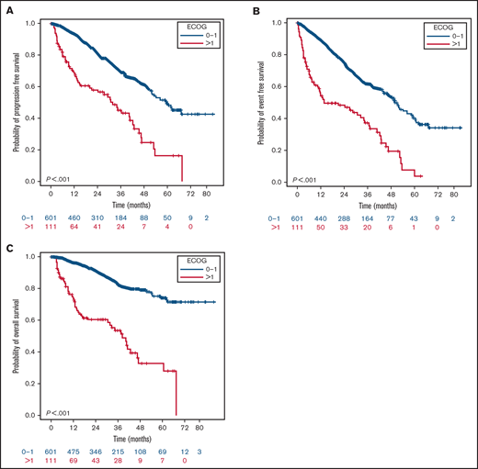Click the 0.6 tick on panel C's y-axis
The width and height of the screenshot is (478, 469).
click(34, 319)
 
